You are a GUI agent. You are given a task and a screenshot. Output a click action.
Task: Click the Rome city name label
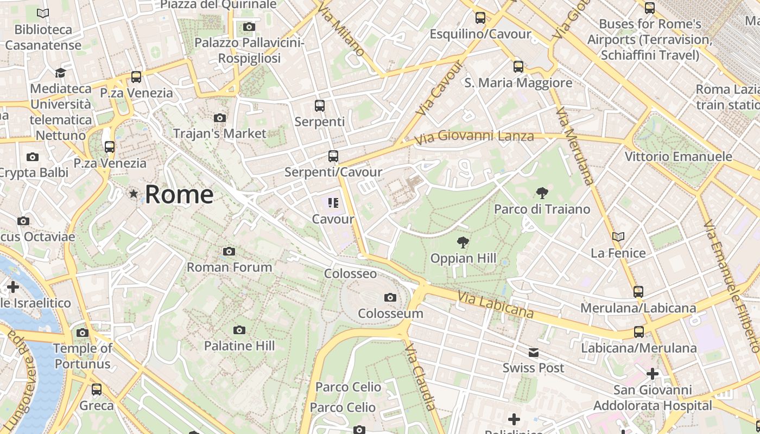click(179, 194)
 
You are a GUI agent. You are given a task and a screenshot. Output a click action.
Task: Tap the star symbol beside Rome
click(134, 193)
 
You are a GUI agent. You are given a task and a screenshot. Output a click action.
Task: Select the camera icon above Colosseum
click(390, 297)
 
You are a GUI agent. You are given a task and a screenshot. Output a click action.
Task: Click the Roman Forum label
click(229, 267)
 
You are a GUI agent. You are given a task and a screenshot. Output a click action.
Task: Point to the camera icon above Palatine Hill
click(239, 330)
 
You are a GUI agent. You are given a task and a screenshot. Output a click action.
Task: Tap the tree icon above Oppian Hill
click(463, 242)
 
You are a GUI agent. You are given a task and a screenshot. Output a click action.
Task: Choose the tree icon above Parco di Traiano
click(541, 193)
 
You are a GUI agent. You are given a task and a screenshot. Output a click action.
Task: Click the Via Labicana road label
click(495, 304)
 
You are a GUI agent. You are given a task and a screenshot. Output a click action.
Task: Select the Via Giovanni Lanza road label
click(473, 136)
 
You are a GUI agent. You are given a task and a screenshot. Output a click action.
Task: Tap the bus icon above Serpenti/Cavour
click(333, 156)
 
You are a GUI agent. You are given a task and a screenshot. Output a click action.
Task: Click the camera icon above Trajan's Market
click(219, 118)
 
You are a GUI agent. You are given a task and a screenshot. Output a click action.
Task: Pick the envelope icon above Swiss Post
click(533, 353)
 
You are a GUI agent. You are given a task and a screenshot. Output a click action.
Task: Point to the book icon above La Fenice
click(618, 237)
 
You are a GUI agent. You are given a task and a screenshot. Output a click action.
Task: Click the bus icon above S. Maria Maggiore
click(518, 67)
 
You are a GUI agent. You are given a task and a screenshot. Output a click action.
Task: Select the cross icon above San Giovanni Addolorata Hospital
click(652, 374)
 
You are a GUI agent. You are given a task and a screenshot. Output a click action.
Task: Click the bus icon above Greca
click(97, 389)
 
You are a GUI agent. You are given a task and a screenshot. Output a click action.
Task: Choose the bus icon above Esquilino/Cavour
click(480, 18)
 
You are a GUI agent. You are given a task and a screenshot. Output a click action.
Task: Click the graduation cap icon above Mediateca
click(60, 73)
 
